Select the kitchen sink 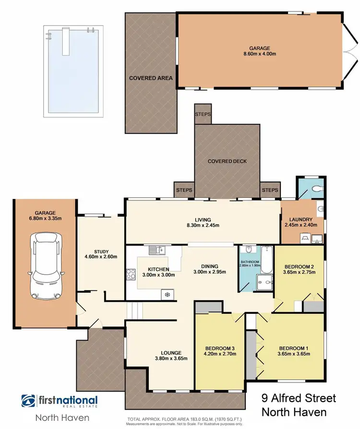157,250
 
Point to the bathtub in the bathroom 266,259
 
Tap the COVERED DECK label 227,161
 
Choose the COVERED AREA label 151,78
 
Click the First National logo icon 28,401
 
